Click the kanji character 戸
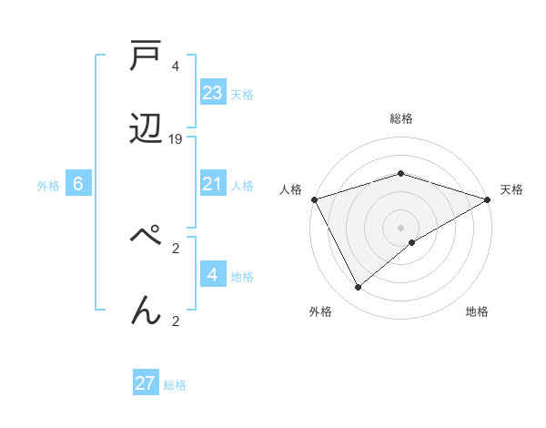(146, 59)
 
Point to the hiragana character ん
(146, 310)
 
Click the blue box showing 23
(213, 93)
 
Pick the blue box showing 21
(213, 184)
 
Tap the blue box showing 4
(213, 275)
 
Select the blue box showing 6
(78, 184)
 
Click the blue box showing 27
(146, 383)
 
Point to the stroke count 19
(177, 139)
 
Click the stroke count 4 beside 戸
(176, 66)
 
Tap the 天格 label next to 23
(242, 95)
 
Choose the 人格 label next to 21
(242, 186)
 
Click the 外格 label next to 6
(48, 186)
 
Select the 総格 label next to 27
(175, 385)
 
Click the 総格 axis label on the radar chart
(401, 118)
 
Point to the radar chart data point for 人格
(314, 199)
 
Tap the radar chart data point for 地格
(412, 242)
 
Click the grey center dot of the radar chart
(401, 227)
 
